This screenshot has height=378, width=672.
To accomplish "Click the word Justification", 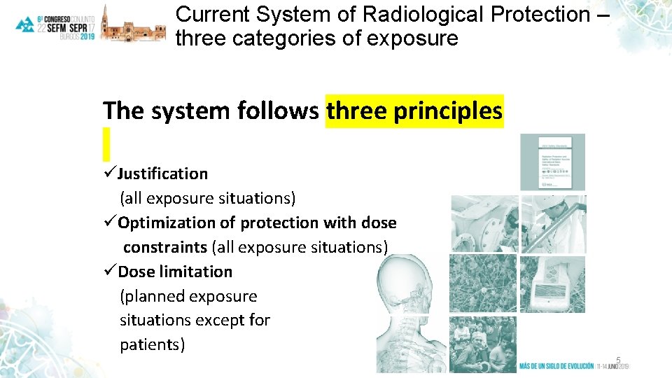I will (x=162, y=174).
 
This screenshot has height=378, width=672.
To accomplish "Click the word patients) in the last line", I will (x=153, y=344).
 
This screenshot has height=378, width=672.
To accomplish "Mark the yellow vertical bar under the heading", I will (x=106, y=143).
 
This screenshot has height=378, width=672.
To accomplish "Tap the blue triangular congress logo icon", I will (x=26, y=25).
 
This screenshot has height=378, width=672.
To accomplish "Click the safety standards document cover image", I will (x=552, y=162).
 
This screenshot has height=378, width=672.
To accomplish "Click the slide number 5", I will (x=618, y=360).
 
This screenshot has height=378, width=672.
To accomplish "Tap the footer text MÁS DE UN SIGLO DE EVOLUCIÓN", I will (x=556, y=366).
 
